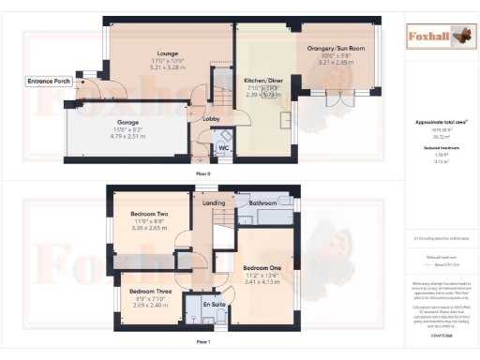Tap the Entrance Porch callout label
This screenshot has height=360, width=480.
[x=49, y=82]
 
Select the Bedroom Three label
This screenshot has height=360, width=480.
[x=150, y=291]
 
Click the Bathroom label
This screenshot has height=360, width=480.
[x=258, y=202]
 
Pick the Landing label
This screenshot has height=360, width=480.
[x=214, y=202]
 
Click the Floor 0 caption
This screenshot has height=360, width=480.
[x=202, y=173]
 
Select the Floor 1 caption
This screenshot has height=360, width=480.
[x=202, y=344]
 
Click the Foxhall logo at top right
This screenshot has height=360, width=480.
[x=437, y=37]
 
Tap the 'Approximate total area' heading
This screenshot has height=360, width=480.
[x=436, y=123]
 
